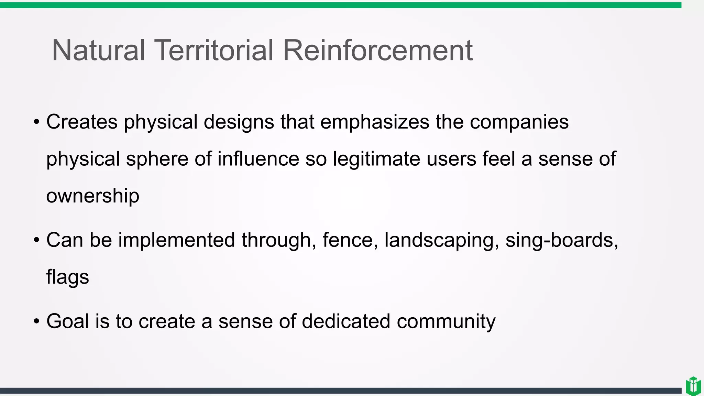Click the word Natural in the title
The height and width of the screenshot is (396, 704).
point(98,51)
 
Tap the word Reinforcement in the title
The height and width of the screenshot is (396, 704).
point(377,51)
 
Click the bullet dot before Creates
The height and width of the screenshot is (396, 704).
point(36,122)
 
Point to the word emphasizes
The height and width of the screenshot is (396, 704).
point(375,122)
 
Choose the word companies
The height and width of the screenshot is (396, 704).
point(519,122)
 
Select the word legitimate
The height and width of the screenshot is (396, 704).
point(376,159)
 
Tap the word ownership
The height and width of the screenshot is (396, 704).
point(93,196)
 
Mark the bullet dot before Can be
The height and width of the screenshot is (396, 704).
point(36,240)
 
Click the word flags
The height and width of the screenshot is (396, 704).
point(67,277)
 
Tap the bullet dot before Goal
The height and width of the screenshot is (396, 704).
point(36,322)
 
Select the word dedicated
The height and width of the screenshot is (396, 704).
point(346,321)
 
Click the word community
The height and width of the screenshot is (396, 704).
point(446,322)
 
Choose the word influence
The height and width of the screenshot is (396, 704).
point(258,159)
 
